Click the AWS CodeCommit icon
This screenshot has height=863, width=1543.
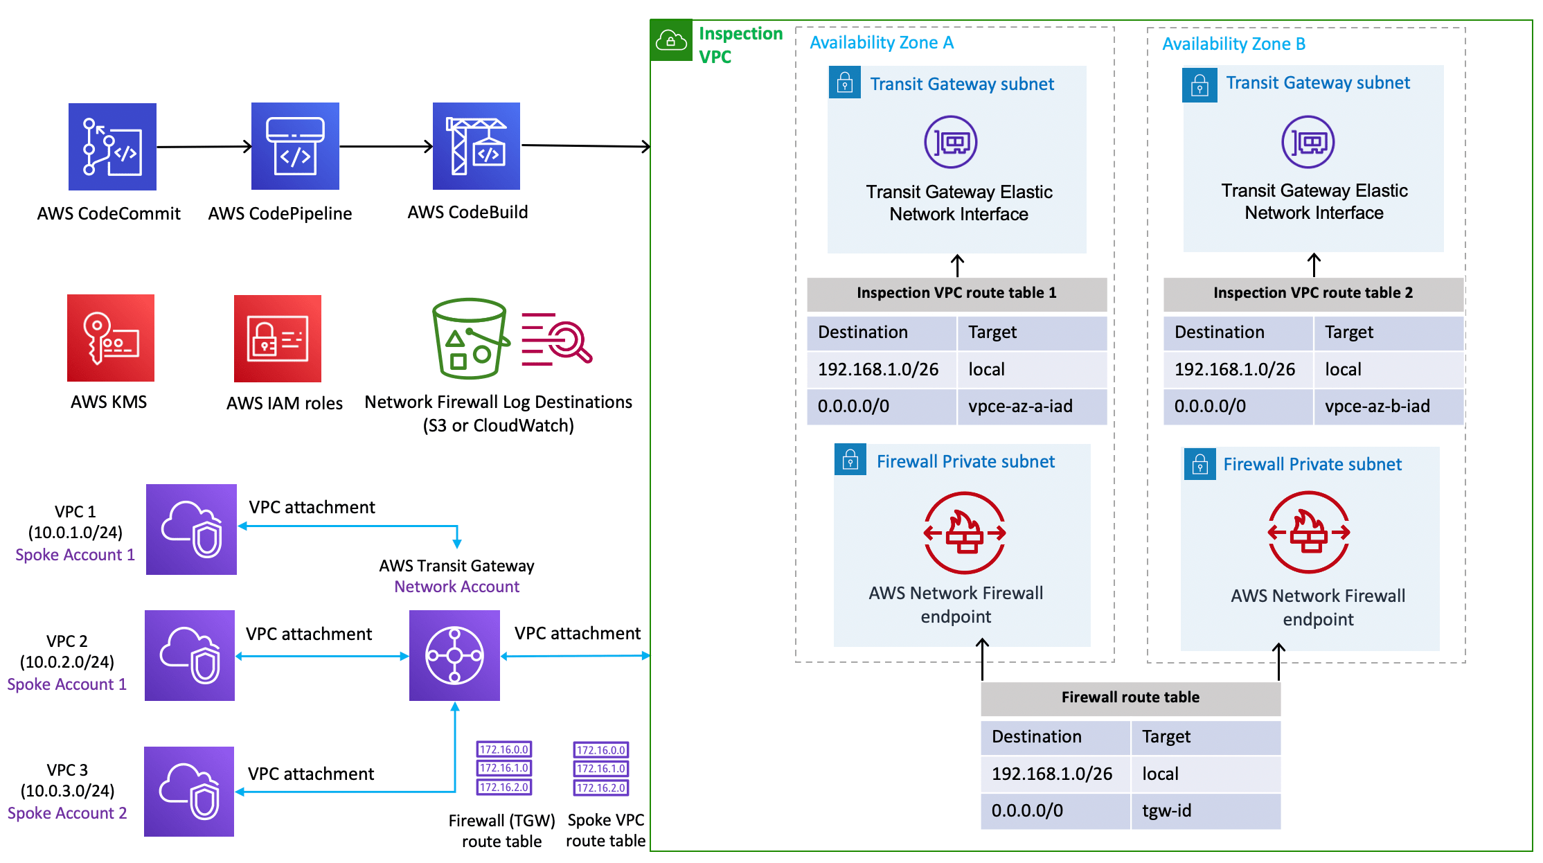(x=112, y=147)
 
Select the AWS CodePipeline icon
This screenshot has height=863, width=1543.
(x=295, y=146)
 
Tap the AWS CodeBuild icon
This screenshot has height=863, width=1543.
(x=476, y=146)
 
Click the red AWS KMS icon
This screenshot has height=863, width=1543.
(x=111, y=338)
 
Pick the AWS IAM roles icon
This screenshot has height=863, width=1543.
(x=278, y=339)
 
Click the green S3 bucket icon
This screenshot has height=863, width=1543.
(x=470, y=339)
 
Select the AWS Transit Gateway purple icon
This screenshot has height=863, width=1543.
(x=454, y=655)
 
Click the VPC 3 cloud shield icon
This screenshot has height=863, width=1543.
(x=189, y=791)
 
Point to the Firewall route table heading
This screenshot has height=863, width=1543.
(x=1130, y=697)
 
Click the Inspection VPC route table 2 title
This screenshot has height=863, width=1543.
(x=1313, y=293)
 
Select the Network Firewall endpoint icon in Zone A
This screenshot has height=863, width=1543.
(x=964, y=533)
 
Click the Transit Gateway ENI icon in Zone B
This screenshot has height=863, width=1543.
(x=1308, y=142)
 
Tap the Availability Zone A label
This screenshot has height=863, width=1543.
(x=882, y=43)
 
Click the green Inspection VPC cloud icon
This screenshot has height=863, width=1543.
(x=670, y=40)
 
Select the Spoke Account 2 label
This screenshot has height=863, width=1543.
(x=67, y=813)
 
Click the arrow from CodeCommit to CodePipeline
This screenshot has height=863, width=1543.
(x=204, y=147)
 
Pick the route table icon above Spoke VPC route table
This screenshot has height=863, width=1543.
(x=601, y=769)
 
